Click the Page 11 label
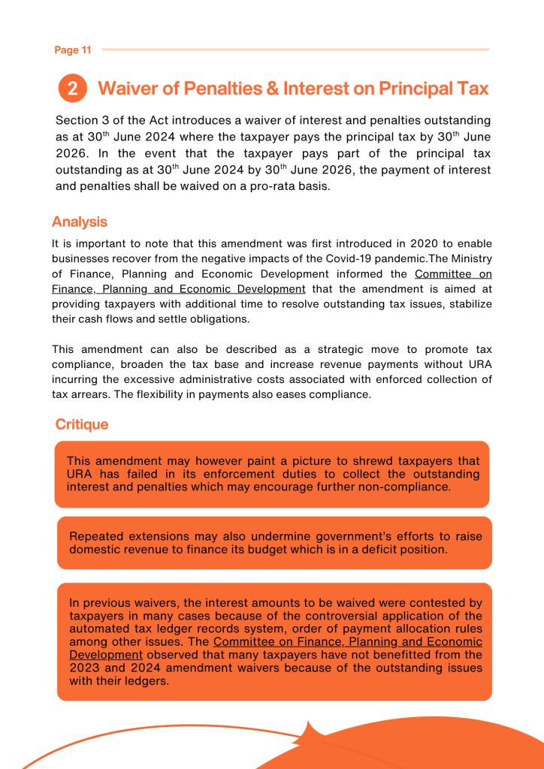pos(73,50)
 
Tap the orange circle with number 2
pos(72,89)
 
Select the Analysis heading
pos(80,222)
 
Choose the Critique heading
pos(82,424)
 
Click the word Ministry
pos(470,259)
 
